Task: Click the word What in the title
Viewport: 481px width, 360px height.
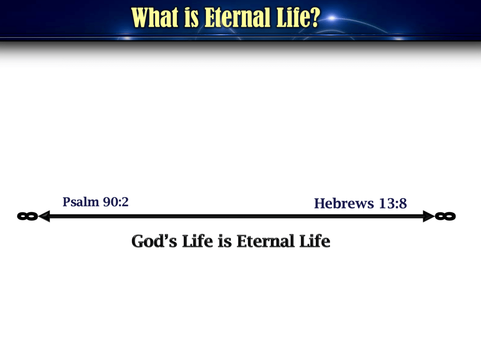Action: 155,17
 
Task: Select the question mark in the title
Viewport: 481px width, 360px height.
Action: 314,17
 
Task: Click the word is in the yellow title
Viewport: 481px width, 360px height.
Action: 191,17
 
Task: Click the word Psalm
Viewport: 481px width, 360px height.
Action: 81,202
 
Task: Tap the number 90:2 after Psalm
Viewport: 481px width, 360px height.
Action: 116,202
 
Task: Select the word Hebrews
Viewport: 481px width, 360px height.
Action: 344,203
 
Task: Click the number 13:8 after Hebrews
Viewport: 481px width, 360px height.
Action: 393,203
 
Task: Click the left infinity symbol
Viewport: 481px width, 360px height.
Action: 28,216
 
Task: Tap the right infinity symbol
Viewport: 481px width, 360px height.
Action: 445,216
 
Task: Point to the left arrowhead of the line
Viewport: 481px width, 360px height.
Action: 44,216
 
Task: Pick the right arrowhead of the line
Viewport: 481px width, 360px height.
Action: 429,216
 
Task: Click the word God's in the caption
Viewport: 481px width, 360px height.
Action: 154,241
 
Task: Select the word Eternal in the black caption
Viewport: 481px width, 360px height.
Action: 265,241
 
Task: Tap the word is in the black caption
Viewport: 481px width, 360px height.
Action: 225,241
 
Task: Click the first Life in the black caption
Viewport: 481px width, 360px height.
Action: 197,241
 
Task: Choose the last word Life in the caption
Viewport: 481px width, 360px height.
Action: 315,241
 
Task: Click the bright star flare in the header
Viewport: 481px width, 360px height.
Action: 332,18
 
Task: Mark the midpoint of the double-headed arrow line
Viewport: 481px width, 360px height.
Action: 237,216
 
